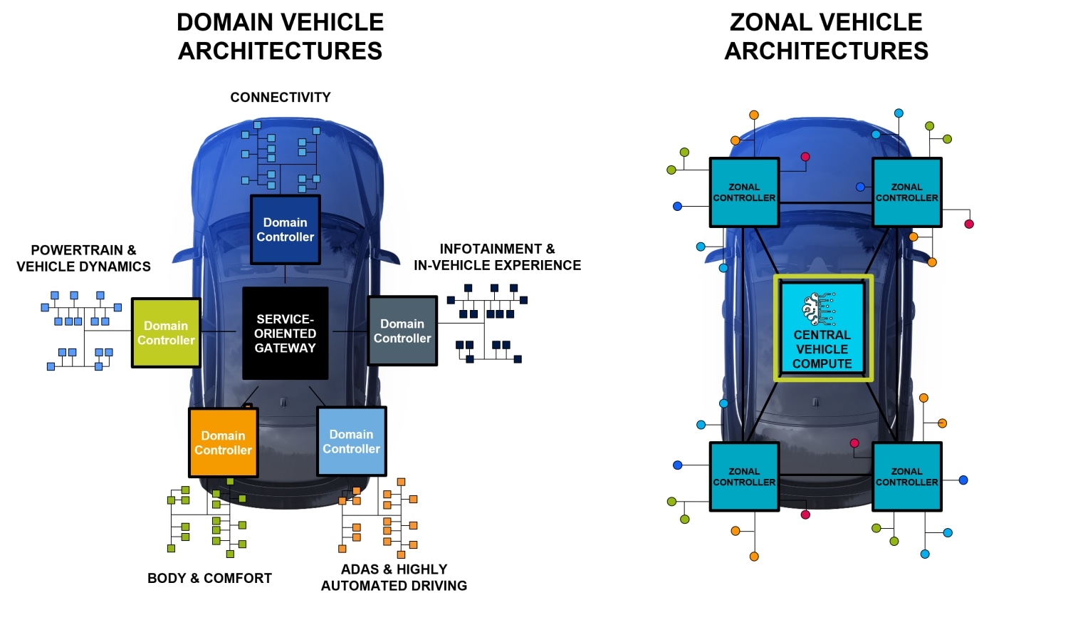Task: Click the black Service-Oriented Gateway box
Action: pyautogui.click(x=285, y=333)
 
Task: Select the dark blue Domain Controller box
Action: pyautogui.click(x=285, y=229)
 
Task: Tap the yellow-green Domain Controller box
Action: pyautogui.click(x=166, y=333)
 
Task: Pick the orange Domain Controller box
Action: pyautogui.click(x=223, y=443)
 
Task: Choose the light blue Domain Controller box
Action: pyautogui.click(x=351, y=441)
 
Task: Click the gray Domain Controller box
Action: pyautogui.click(x=402, y=331)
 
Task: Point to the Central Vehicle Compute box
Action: pyautogui.click(x=822, y=329)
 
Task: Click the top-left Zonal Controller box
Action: pyautogui.click(x=744, y=192)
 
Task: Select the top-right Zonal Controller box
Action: pyautogui.click(x=906, y=192)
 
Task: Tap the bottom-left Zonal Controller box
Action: pyautogui.click(x=744, y=476)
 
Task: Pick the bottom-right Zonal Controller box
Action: pyautogui.click(x=906, y=476)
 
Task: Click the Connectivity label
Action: pyautogui.click(x=280, y=98)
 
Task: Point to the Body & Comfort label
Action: pyautogui.click(x=209, y=578)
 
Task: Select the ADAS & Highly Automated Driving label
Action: pyautogui.click(x=394, y=577)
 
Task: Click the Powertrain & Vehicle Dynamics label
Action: pyautogui.click(x=83, y=258)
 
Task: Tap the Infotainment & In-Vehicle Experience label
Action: pyautogui.click(x=497, y=257)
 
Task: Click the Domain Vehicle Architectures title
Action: pyautogui.click(x=280, y=36)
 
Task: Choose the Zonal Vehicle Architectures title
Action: pyautogui.click(x=826, y=36)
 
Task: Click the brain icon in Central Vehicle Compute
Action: pyautogui.click(x=817, y=309)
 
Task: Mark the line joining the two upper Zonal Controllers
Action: pyautogui.click(x=826, y=204)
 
